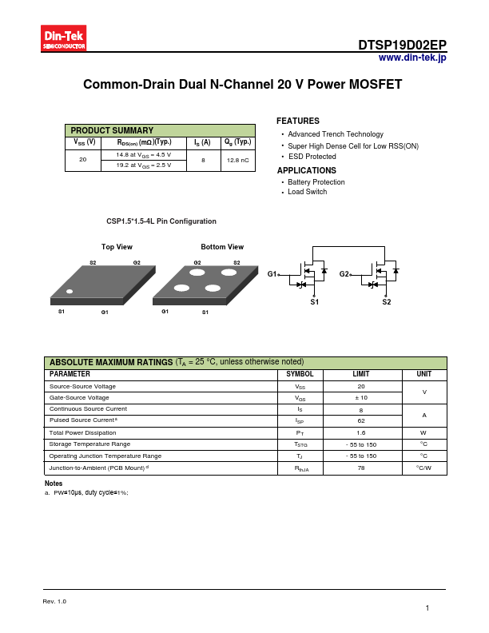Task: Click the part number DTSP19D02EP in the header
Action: coord(402,45)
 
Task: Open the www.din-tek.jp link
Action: coord(411,58)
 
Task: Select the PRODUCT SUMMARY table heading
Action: coord(112,130)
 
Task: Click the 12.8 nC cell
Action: coord(239,161)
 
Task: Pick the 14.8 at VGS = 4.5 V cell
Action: coord(144,154)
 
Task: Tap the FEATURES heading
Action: coord(298,121)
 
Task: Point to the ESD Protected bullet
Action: coord(312,157)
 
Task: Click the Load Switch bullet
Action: coord(307,192)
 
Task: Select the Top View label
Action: coord(117,247)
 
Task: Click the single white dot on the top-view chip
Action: coord(70,292)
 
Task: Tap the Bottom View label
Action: coord(222,247)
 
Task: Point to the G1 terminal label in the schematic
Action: coord(272,274)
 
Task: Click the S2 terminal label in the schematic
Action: coord(387,302)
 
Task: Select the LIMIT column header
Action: coord(361,374)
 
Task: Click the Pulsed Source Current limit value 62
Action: coord(361,420)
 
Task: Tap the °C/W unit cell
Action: coord(423,468)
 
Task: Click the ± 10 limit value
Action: coord(361,397)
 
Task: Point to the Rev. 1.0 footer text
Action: coord(54,601)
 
